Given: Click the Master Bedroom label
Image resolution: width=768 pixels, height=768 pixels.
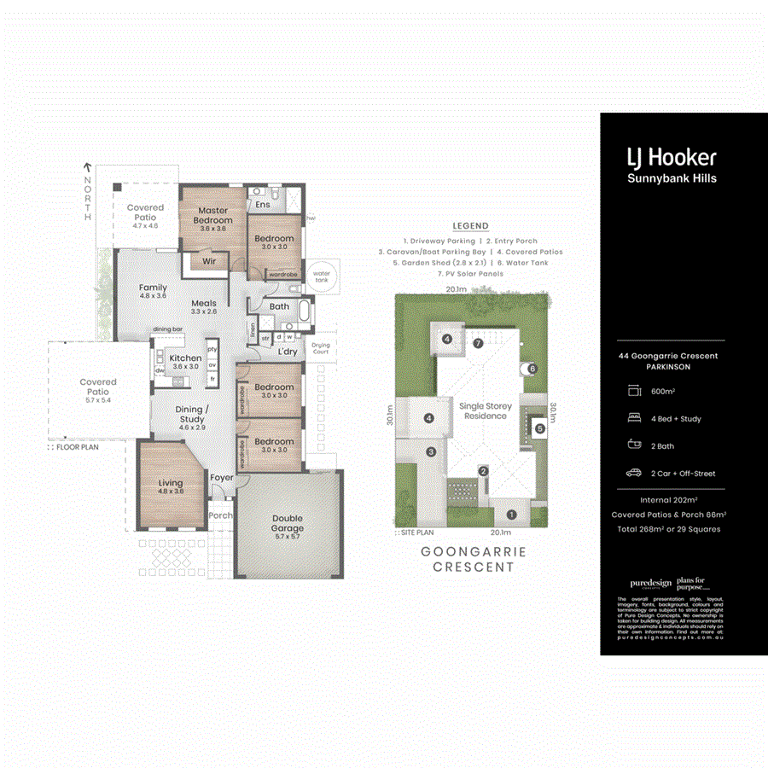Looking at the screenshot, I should tap(213, 215).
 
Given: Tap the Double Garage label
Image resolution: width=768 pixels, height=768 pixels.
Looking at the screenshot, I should tap(288, 523).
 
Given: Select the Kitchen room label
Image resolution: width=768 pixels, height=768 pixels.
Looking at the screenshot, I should tap(185, 358).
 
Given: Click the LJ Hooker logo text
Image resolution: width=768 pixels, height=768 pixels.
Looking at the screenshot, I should tap(672, 157).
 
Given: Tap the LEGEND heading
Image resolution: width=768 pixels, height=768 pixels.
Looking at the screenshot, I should tap(470, 226).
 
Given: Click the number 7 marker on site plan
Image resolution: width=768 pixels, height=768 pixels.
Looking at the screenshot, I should tap(479, 343).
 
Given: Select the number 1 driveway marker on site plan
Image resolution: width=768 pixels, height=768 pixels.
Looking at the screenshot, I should tap(511, 514).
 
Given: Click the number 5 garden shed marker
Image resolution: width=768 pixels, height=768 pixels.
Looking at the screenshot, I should tap(539, 428).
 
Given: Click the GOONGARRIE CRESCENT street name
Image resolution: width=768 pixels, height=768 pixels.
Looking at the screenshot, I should tap(474, 559).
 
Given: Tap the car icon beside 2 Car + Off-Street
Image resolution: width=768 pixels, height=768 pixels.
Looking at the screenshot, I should tap(633, 473).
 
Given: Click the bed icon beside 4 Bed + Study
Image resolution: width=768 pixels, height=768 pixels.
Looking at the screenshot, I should tap(633, 419).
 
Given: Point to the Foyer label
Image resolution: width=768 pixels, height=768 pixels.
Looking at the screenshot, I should tap(222, 478).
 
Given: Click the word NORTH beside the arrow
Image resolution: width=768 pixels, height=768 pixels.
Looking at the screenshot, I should tap(87, 199).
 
